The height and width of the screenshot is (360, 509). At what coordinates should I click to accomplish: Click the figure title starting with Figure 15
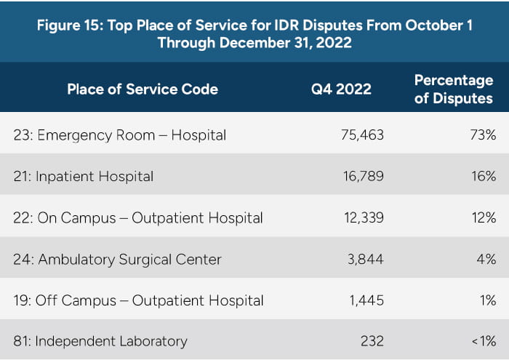coord(254,33)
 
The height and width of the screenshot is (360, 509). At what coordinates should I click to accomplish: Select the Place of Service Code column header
coord(143,89)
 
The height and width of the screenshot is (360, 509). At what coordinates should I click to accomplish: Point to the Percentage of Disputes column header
coord(454,89)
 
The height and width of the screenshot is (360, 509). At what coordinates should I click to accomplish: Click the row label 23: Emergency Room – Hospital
coord(120,135)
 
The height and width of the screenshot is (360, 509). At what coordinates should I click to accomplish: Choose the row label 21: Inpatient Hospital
coord(84,176)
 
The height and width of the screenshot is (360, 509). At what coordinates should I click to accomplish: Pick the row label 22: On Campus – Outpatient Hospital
coord(138,217)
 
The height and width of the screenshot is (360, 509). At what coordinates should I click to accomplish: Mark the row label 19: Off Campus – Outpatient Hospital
coord(138,300)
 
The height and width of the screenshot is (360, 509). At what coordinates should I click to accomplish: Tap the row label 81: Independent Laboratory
coord(100,340)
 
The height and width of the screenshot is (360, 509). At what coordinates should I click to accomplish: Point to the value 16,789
coord(361,176)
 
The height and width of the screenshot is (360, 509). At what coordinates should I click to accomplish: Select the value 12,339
coord(361,217)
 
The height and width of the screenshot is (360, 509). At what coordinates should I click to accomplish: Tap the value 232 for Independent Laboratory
coord(372,340)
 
